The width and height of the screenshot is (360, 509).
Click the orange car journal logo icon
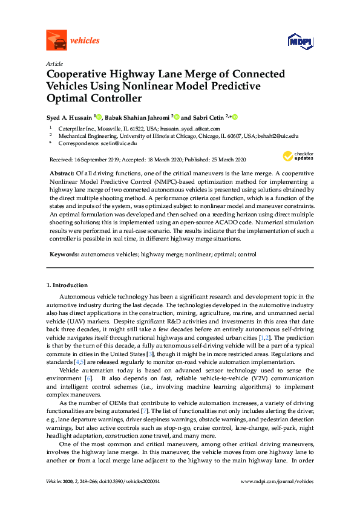(56, 41)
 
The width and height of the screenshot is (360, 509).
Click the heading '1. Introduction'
(67, 285)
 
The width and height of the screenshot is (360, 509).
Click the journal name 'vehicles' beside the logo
(85, 41)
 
